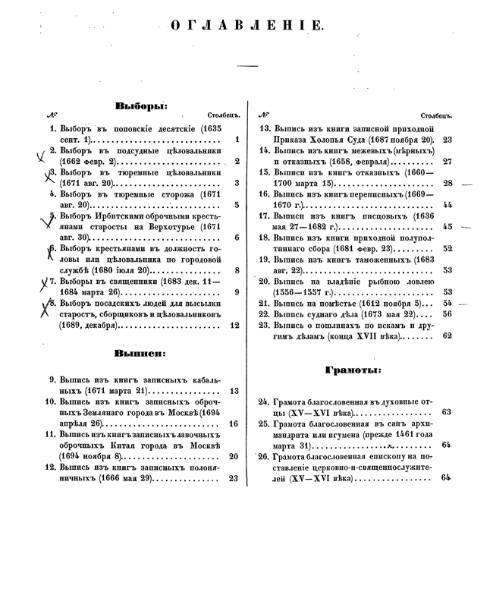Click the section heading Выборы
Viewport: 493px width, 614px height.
pyautogui.click(x=141, y=105)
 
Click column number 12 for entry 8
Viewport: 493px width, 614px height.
pyautogui.click(x=234, y=325)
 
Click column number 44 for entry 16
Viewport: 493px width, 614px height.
pyautogui.click(x=447, y=205)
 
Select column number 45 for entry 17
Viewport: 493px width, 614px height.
pyautogui.click(x=447, y=226)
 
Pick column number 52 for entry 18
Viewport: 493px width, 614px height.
pyautogui.click(x=447, y=248)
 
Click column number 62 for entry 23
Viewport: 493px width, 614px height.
pyautogui.click(x=447, y=335)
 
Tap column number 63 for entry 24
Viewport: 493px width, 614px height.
pyautogui.click(x=447, y=412)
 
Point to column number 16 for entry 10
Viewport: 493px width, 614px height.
pyautogui.click(x=234, y=424)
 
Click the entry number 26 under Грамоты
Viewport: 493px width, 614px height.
pyautogui.click(x=265, y=456)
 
